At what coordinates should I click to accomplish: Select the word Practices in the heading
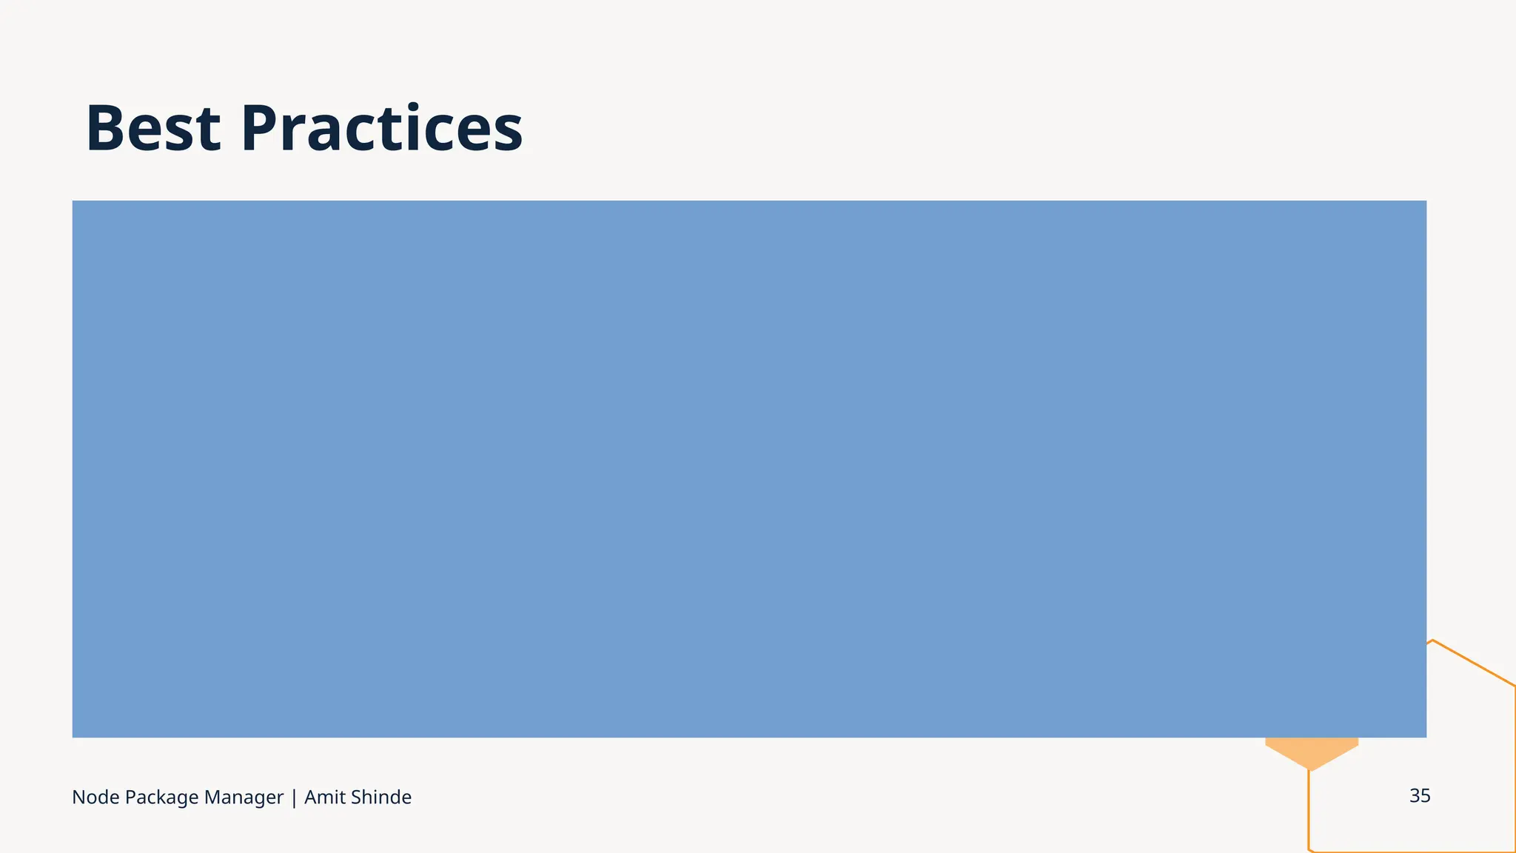pos(381,129)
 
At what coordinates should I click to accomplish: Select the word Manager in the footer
pos(244,797)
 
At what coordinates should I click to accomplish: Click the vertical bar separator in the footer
pos(294,797)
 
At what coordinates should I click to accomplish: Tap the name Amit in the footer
pos(324,797)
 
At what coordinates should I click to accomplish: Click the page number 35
pos(1420,796)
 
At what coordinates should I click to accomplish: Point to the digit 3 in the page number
pos(1414,796)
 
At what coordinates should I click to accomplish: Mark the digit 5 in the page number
pos(1426,796)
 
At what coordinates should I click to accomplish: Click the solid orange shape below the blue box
pos(1311,751)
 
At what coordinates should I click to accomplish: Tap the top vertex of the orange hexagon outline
pos(1433,640)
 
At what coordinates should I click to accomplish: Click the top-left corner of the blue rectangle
pos(73,201)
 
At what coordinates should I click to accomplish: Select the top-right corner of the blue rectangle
pos(1426,201)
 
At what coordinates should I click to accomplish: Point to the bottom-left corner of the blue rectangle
pos(73,737)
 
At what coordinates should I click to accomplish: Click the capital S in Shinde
pos(355,797)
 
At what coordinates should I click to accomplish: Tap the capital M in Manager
pos(212,797)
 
